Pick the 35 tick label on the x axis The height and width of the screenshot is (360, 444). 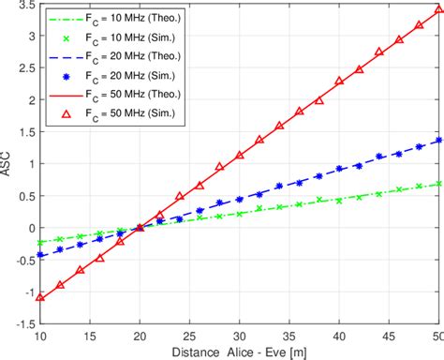pyautogui.click(x=290, y=335)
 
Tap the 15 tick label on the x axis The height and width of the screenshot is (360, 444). pyautogui.click(x=90, y=335)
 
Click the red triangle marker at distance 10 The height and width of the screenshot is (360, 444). pyautogui.click(x=40, y=297)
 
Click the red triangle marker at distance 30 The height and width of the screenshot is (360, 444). pyautogui.click(x=241, y=152)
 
